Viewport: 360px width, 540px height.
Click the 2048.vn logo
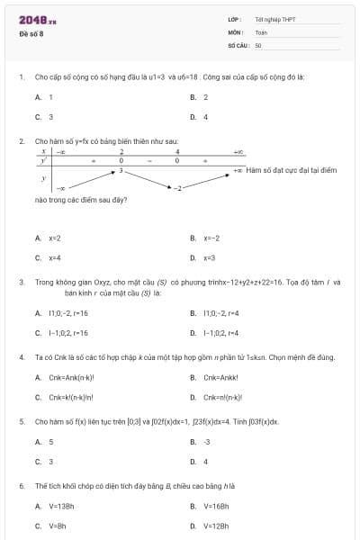[37, 19]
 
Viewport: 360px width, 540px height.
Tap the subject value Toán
[260, 31]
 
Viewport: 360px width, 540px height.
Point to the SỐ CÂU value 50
[258, 44]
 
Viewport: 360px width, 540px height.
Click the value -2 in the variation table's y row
[178, 187]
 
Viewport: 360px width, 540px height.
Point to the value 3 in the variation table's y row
[121, 169]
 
